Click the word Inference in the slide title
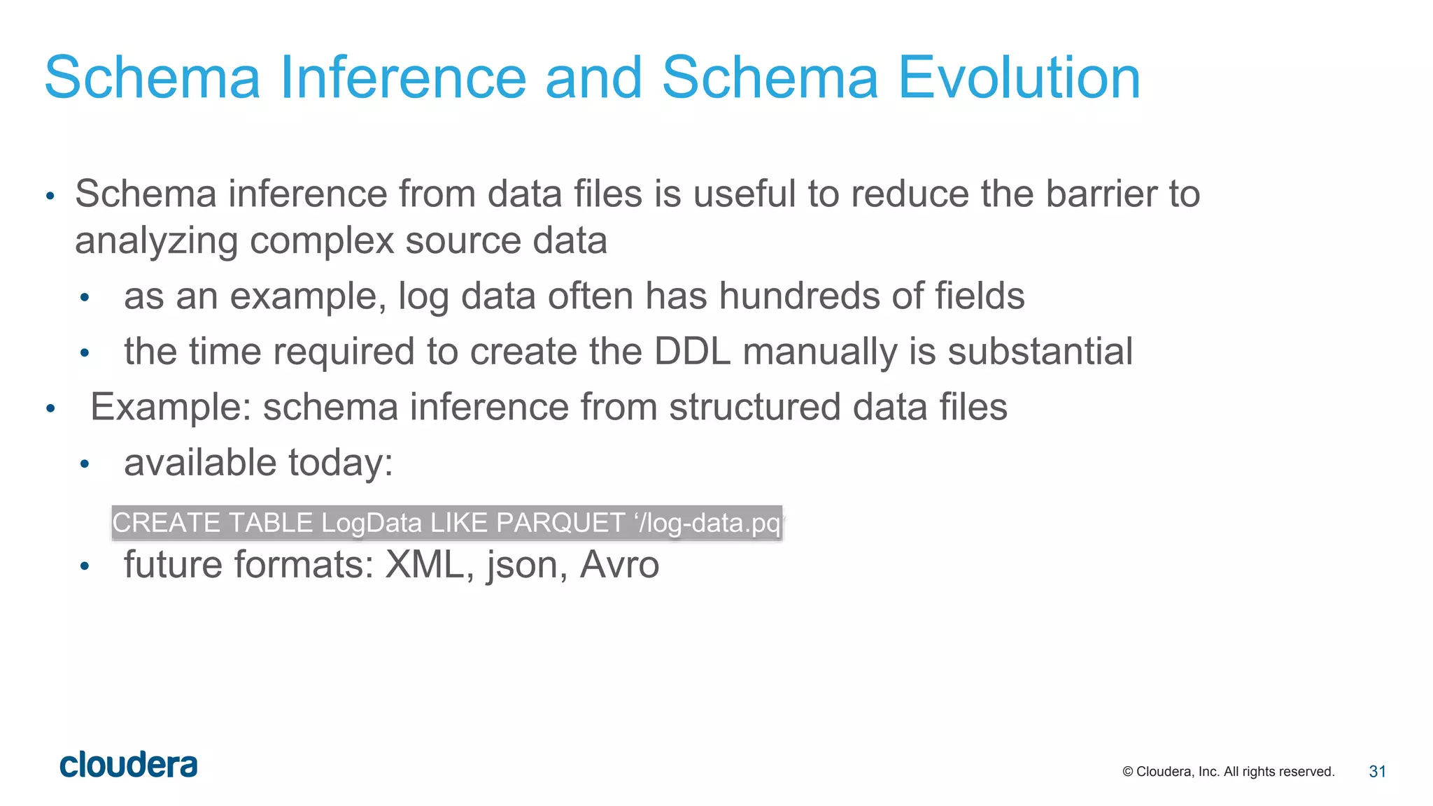403,78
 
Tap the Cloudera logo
129,765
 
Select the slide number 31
1377,771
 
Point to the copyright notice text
1228,772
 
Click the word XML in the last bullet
425,565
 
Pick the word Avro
619,565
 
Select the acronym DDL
692,352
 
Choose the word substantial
1040,352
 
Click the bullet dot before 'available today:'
85,464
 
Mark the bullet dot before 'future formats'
85,566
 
